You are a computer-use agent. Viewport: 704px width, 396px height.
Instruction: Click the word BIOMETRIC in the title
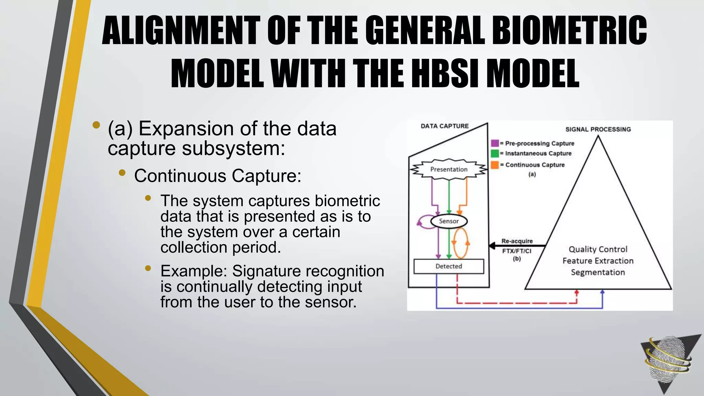pos(570,31)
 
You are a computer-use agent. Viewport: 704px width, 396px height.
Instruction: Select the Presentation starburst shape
pos(449,169)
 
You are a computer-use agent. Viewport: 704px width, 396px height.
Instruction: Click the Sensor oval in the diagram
pos(449,221)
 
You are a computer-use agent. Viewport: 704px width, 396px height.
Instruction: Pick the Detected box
pos(449,266)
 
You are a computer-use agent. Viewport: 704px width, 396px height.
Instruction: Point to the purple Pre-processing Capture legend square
pos(495,143)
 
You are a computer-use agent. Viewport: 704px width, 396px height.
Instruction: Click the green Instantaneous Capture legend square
pos(495,153)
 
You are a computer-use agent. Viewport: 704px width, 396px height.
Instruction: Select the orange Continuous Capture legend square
pos(495,165)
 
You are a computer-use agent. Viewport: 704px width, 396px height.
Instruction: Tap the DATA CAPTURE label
pos(444,126)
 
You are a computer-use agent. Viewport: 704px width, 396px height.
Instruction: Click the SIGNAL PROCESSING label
pos(598,129)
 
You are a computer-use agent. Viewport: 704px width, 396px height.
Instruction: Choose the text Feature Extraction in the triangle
pos(598,261)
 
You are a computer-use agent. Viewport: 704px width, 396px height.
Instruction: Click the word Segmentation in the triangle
pos(598,272)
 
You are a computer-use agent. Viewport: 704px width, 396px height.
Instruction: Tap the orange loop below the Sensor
pos(461,243)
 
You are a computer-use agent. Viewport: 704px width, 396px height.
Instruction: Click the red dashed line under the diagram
pos(516,303)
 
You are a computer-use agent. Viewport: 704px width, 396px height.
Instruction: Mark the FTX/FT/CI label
pos(517,251)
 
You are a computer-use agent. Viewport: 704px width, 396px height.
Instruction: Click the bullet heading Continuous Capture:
pos(218,176)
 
